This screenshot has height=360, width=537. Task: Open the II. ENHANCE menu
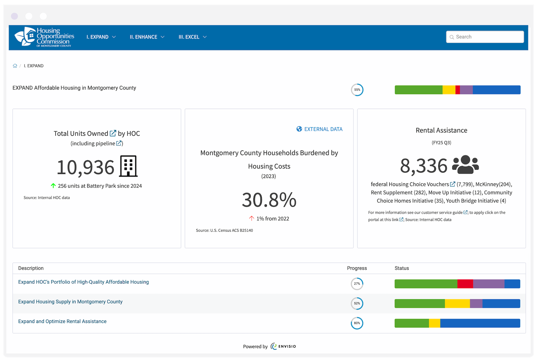pos(147,37)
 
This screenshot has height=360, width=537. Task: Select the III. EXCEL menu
pos(192,37)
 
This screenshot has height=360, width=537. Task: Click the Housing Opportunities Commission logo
pos(44,37)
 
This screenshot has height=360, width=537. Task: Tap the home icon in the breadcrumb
pos(15,66)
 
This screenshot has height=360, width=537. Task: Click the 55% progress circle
pos(357,90)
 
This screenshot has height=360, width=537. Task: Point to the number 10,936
pos(86,167)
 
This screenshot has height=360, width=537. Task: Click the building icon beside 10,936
pos(129,166)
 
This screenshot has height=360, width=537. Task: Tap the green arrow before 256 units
pos(53,186)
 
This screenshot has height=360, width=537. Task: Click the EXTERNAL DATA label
pos(323,129)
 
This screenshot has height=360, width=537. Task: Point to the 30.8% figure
pos(269,200)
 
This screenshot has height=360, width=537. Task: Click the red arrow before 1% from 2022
pos(251,219)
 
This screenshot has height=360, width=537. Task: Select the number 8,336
pos(424,166)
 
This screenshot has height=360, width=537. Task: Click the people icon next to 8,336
pos(466,165)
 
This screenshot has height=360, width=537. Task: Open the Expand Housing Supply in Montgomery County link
pos(70,302)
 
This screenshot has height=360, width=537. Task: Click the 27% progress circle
pos(357,284)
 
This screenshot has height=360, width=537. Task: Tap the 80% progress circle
pos(357,323)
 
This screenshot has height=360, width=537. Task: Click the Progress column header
pos(357,268)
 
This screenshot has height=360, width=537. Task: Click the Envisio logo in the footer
pos(283,346)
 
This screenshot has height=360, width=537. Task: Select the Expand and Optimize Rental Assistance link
pos(62,321)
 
